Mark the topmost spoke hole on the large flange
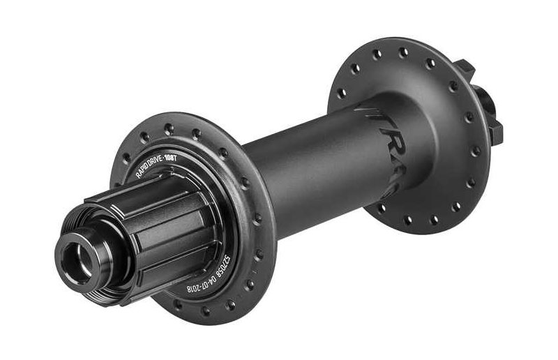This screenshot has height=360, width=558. (x=403, y=50)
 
